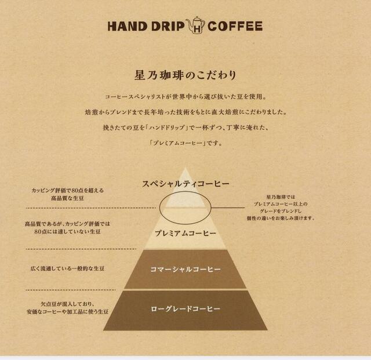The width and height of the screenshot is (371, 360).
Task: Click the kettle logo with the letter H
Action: (x=196, y=26)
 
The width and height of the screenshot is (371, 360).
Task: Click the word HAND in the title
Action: (x=128, y=26)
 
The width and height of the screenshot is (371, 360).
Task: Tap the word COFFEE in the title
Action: (x=235, y=26)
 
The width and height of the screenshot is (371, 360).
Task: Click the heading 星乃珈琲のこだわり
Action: (x=185, y=75)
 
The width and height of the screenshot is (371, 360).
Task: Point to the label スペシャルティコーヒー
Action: (x=185, y=184)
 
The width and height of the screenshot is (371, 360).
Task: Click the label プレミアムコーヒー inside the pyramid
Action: (x=185, y=234)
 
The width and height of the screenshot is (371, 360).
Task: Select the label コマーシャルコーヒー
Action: (x=185, y=270)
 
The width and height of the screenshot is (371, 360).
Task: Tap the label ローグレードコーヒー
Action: (x=185, y=309)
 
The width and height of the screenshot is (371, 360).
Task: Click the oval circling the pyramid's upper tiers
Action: (x=160, y=208)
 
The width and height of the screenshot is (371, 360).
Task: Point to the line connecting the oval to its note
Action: (x=228, y=208)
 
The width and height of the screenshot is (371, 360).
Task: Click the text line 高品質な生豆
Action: (x=68, y=198)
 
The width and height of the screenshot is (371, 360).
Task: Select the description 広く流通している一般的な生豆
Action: (x=67, y=268)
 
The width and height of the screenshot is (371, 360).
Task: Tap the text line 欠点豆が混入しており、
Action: (x=68, y=304)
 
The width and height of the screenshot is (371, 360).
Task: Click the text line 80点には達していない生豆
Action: (x=67, y=231)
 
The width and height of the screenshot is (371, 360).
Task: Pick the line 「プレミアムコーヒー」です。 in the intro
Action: (x=185, y=143)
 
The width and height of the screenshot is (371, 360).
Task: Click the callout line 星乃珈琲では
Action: (x=281, y=197)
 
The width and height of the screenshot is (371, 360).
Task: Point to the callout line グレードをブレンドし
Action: (x=281, y=211)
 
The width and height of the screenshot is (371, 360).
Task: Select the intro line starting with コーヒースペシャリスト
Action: (x=185, y=97)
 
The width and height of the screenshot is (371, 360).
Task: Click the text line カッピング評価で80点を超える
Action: (x=68, y=190)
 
